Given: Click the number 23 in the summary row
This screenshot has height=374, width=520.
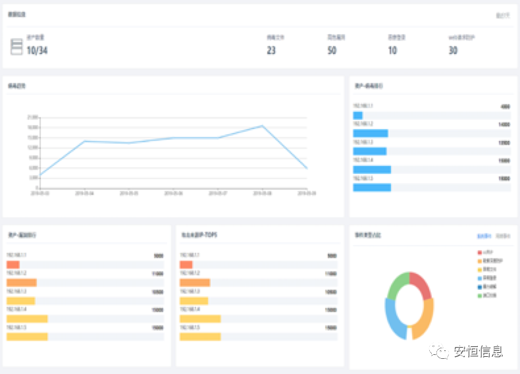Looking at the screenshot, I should click(x=271, y=51).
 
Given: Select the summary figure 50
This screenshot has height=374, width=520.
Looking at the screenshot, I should click(x=332, y=51).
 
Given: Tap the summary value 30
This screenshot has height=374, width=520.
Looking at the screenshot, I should click(x=453, y=51).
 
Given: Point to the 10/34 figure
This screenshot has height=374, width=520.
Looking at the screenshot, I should click(x=37, y=51).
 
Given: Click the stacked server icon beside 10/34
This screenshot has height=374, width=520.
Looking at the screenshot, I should click(x=16, y=46).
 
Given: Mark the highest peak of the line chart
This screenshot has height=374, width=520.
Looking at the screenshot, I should click(x=262, y=126).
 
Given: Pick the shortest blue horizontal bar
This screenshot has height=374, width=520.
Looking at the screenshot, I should click(x=357, y=115).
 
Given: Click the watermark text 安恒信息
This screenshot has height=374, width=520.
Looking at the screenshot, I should click(x=479, y=352).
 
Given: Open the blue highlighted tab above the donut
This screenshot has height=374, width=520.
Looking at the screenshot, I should click(x=484, y=235).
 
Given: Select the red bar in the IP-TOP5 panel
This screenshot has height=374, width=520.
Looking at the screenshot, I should click(x=186, y=265).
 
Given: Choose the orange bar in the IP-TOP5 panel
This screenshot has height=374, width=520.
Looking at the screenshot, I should click(x=194, y=282).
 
